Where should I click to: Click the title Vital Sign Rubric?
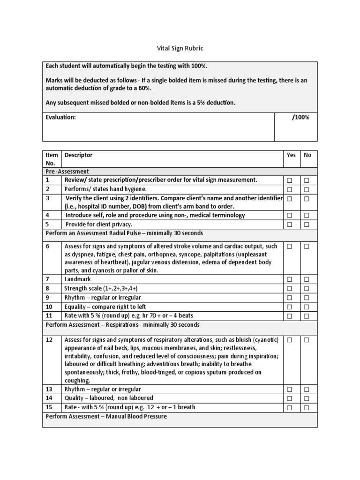[x=180, y=48]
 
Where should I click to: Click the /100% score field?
[x=300, y=117]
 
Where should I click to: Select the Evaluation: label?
[x=60, y=117]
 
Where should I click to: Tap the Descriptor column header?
[x=78, y=155]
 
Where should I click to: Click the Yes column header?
[x=291, y=155]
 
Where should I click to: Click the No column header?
[x=307, y=155]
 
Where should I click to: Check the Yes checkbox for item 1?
[x=290, y=180]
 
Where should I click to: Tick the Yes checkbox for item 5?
[x=290, y=225]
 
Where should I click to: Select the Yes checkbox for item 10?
[x=290, y=307]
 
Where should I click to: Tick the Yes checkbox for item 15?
[x=290, y=408]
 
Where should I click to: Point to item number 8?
[x=47, y=288]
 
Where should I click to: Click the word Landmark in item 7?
[x=78, y=279]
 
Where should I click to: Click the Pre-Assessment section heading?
[x=67, y=172]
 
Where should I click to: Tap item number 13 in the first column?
[x=49, y=390]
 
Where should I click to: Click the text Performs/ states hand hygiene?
[x=106, y=189]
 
